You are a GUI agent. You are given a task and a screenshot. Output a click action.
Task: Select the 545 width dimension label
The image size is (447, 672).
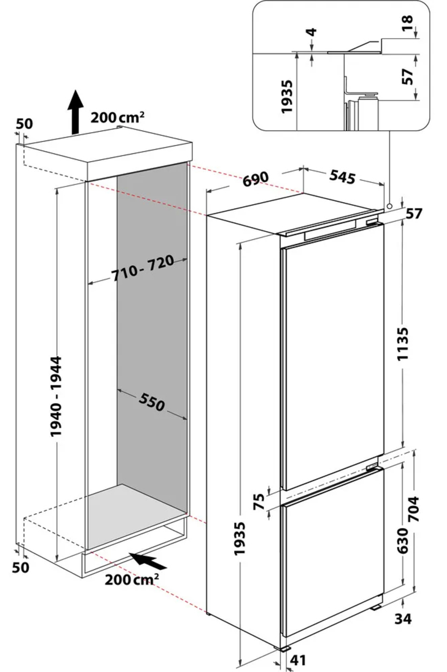[x=342, y=177]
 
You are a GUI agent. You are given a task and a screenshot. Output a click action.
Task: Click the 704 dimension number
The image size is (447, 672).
[x=414, y=509]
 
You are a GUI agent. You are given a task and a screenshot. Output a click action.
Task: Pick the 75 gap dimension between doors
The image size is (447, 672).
[x=259, y=501]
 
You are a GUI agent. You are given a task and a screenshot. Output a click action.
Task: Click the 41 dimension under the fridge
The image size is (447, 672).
[x=298, y=660]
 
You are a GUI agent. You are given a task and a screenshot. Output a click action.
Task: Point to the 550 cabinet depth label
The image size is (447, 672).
[x=152, y=402]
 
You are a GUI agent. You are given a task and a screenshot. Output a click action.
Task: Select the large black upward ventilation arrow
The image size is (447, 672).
[x=76, y=112]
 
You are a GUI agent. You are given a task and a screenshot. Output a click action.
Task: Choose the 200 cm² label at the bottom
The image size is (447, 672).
[x=132, y=580]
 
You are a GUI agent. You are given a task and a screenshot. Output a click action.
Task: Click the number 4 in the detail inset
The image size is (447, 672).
[x=313, y=32]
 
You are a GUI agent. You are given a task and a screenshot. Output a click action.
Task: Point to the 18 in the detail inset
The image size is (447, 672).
[x=408, y=23]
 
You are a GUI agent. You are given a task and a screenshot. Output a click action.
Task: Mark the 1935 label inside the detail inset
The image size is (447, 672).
[x=287, y=97]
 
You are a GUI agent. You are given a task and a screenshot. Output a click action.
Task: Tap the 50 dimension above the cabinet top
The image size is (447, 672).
[x=25, y=124]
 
